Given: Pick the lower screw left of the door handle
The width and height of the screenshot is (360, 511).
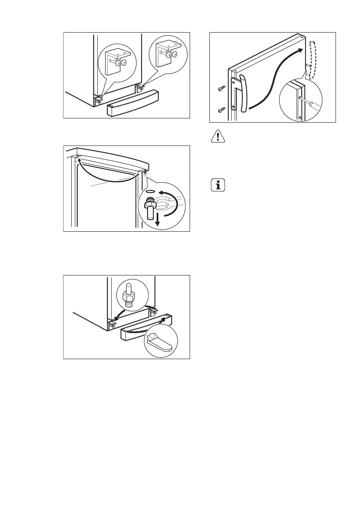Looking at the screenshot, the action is pyautogui.click(x=221, y=110).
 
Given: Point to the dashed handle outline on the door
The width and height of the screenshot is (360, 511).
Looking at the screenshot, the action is pyautogui.click(x=311, y=58).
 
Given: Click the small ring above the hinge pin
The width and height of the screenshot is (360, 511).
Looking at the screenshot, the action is pyautogui.click(x=150, y=191).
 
